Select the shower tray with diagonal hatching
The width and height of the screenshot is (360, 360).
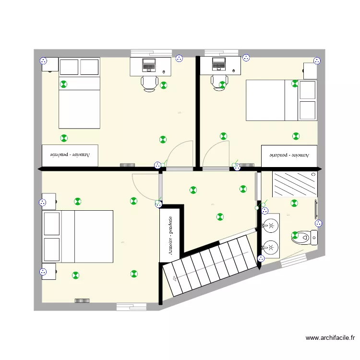point(294,184)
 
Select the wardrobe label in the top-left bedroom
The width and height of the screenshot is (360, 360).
point(70,155)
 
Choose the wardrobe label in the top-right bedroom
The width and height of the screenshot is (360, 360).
point(289,155)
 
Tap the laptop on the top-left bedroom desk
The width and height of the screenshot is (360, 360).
point(148,65)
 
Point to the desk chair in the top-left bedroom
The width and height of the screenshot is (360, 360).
point(149,83)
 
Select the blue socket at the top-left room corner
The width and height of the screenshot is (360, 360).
point(43,61)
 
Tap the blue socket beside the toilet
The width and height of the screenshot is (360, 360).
point(318,223)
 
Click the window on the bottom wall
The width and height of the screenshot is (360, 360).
point(131,306)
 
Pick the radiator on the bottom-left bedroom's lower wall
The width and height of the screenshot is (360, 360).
point(83,300)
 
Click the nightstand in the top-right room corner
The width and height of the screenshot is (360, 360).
point(310,71)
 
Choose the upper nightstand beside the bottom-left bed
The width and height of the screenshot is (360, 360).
point(48,200)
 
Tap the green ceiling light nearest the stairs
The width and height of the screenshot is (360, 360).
point(220,216)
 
